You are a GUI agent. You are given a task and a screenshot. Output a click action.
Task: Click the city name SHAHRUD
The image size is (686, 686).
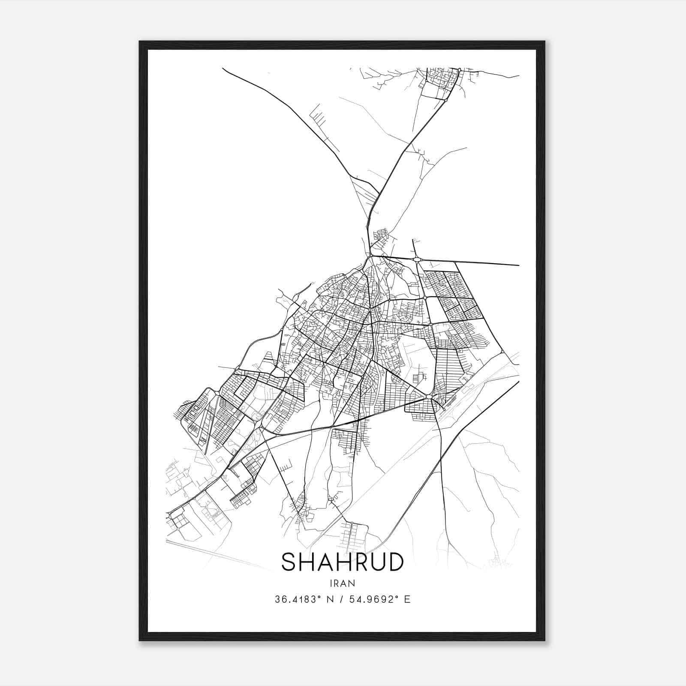pyautogui.click(x=342, y=562)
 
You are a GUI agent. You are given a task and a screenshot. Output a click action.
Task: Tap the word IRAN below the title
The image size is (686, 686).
pyautogui.click(x=342, y=583)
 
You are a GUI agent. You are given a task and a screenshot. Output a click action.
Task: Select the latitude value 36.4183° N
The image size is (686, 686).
pyautogui.click(x=304, y=599)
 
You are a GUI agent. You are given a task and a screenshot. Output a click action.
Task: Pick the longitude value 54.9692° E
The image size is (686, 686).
pyautogui.click(x=379, y=599)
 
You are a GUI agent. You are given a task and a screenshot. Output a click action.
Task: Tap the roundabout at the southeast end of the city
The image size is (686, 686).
pyautogui.click(x=430, y=398)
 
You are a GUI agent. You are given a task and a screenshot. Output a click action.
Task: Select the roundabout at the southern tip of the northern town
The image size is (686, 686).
pyautogui.click(x=446, y=100)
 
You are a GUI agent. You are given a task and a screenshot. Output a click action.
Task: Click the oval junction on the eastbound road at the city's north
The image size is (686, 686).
pyautogui.click(x=417, y=259)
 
